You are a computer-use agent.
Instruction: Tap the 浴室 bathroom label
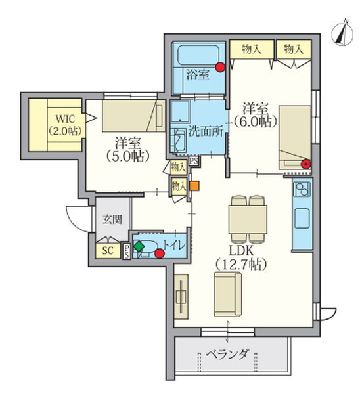(x=197, y=74)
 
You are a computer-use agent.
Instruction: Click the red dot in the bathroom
(x=220, y=66)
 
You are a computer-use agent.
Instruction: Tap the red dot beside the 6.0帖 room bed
(x=305, y=164)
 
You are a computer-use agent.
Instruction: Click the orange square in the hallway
(x=194, y=185)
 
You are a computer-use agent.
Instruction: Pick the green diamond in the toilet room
(x=139, y=246)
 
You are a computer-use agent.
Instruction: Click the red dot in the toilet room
(x=160, y=253)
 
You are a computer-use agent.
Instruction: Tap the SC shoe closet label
(x=107, y=251)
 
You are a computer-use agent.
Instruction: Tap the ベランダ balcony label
(x=227, y=355)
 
